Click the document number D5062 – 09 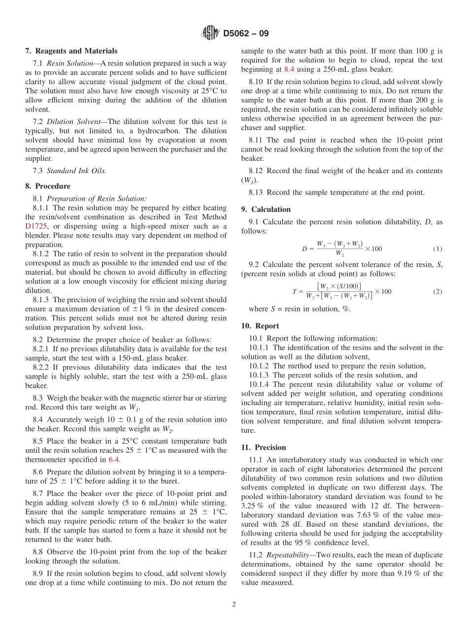coord(245,34)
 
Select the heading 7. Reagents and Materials coord(71,51)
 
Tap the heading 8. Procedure coord(48,186)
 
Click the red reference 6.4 coord(114,459)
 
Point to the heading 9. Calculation coord(266,209)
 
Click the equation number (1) coord(437,249)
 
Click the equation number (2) coord(437,292)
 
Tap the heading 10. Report coord(260,326)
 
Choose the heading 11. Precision coord(264,447)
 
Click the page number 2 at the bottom coord(234,605)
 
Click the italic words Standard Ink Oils coord(76,171)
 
